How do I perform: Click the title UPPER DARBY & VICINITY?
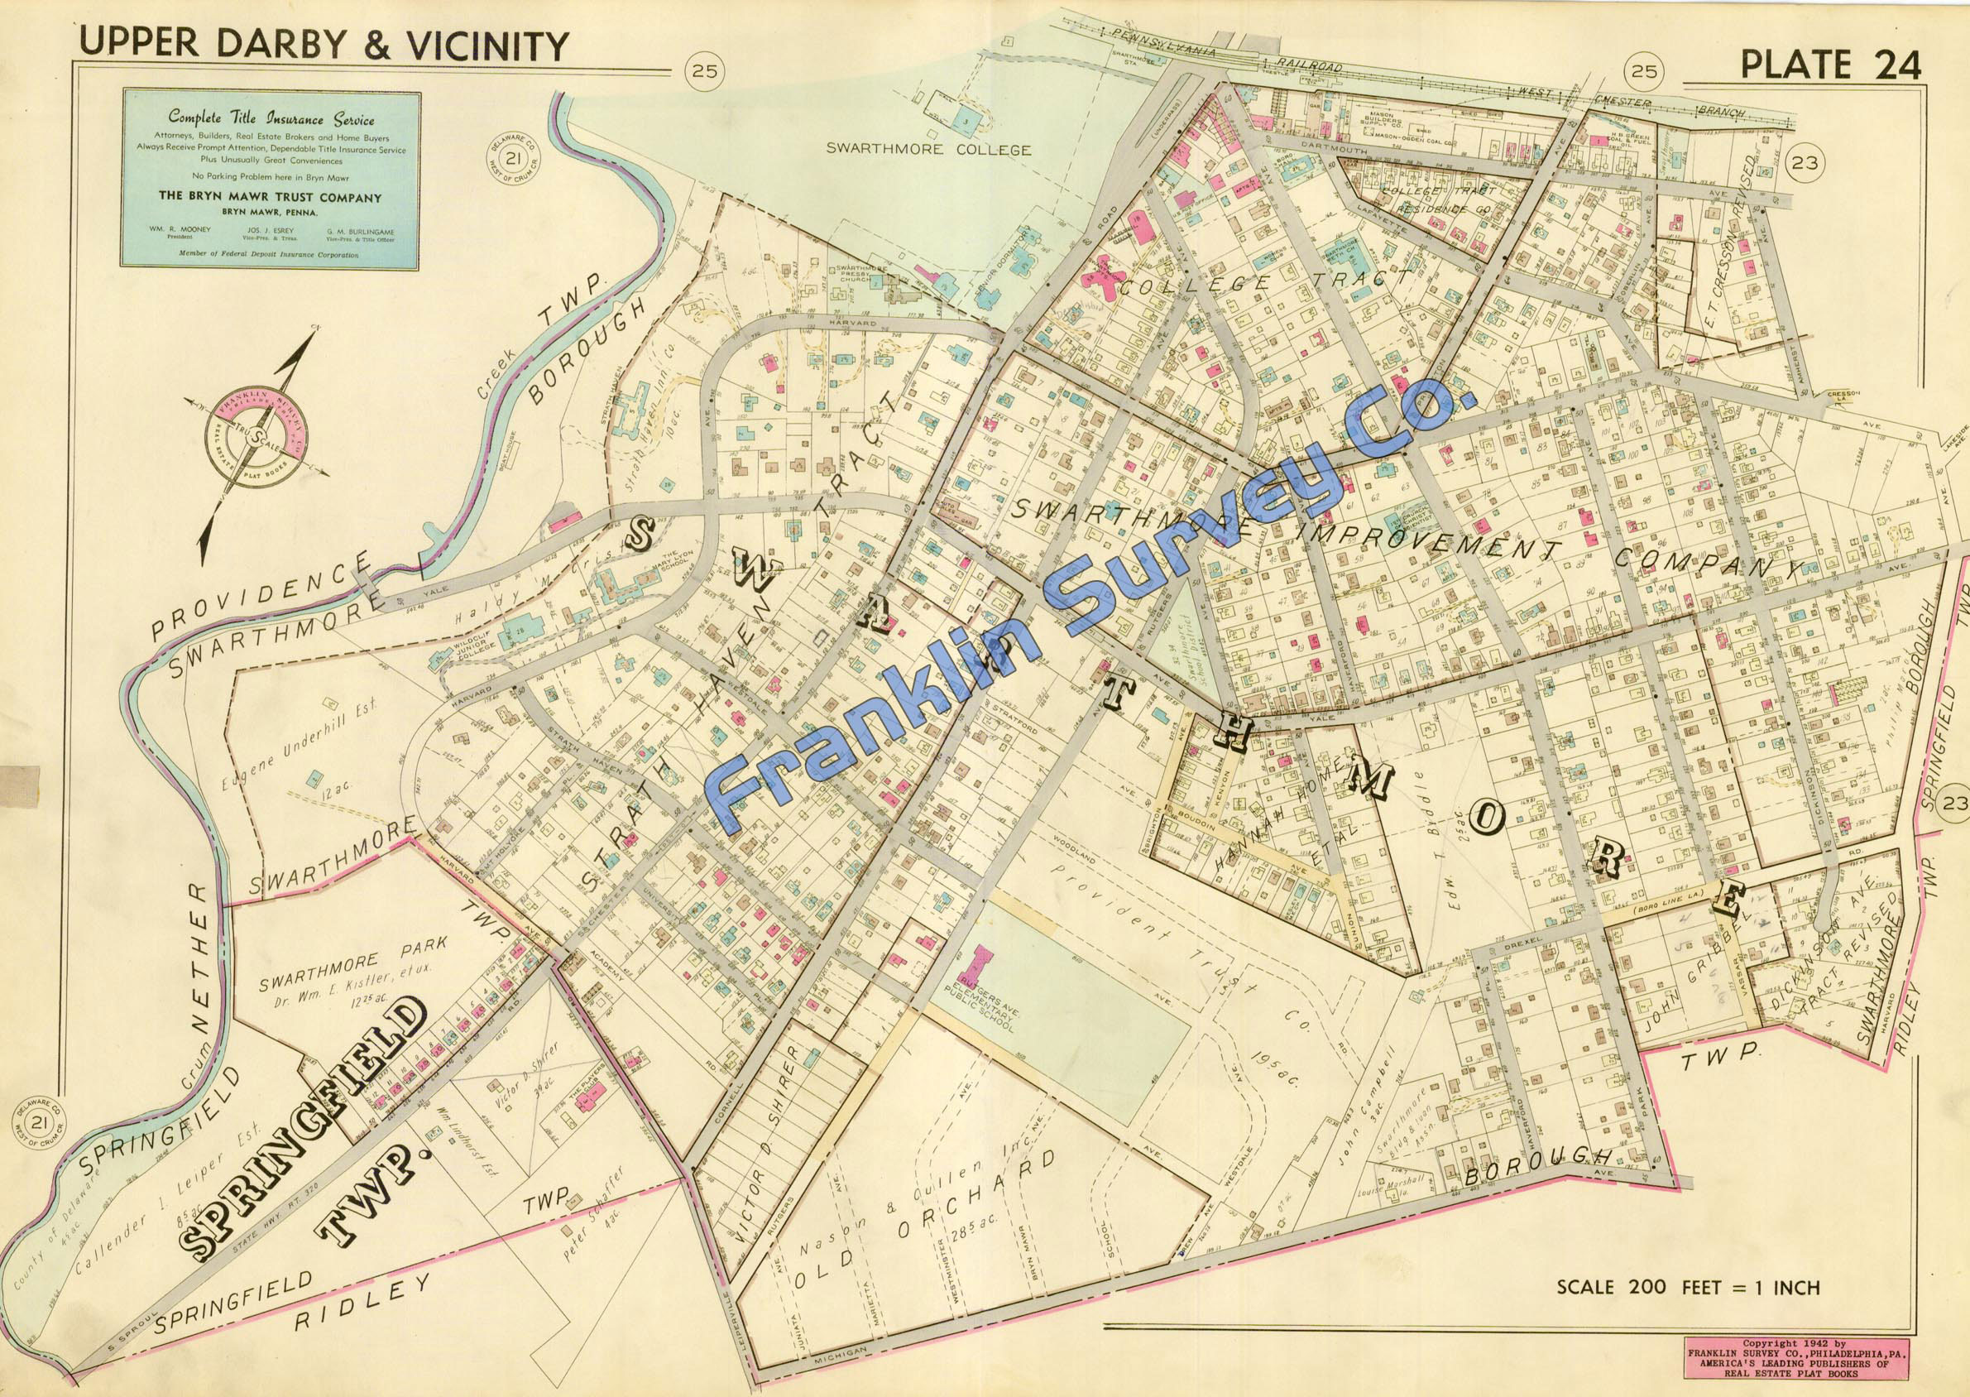(323, 45)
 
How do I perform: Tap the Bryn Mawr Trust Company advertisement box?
(270, 179)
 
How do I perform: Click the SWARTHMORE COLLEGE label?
(927, 149)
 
